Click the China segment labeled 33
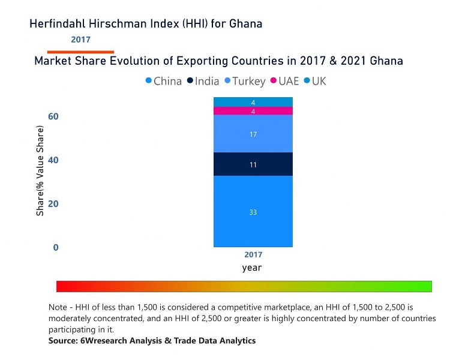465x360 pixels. tap(253, 211)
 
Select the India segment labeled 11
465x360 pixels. tap(253, 164)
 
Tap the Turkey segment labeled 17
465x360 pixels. tap(253, 134)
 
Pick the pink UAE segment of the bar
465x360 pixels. tap(253, 111)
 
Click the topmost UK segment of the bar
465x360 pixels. tap(253, 102)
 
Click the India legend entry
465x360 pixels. tap(203, 81)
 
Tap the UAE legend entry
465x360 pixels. tap(285, 81)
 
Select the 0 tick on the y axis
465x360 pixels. tap(56, 247)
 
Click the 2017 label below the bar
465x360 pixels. tap(253, 255)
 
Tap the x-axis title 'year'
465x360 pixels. tap(252, 268)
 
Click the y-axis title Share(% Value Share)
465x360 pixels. tap(40, 171)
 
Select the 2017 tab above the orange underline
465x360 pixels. tap(80, 40)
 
